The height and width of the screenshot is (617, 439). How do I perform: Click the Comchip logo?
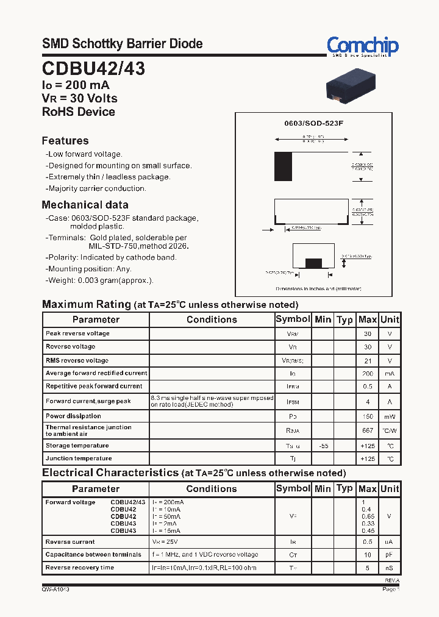[x=362, y=46]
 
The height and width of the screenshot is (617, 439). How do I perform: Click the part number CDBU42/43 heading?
[x=93, y=69]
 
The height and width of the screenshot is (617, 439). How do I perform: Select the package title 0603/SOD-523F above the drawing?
[x=314, y=123]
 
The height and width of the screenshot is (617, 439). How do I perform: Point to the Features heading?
[x=65, y=141]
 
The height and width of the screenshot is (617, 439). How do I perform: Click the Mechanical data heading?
[x=85, y=205]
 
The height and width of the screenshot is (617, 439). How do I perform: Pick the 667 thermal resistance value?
[x=368, y=430]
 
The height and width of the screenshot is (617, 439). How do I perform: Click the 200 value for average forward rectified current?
[x=368, y=373]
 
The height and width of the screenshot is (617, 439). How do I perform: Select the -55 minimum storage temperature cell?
[x=323, y=446]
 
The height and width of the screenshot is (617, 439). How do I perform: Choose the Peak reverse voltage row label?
[x=77, y=333]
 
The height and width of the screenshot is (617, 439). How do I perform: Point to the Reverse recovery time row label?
[x=79, y=568]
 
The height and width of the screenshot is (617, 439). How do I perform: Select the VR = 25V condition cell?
[x=165, y=542]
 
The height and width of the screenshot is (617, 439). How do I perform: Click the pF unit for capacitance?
[x=390, y=555]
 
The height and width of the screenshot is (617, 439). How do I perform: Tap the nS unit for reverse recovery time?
[x=390, y=568]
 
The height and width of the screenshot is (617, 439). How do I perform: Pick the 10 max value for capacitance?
[x=368, y=555]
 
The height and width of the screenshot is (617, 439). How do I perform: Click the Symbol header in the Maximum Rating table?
[x=293, y=319]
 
